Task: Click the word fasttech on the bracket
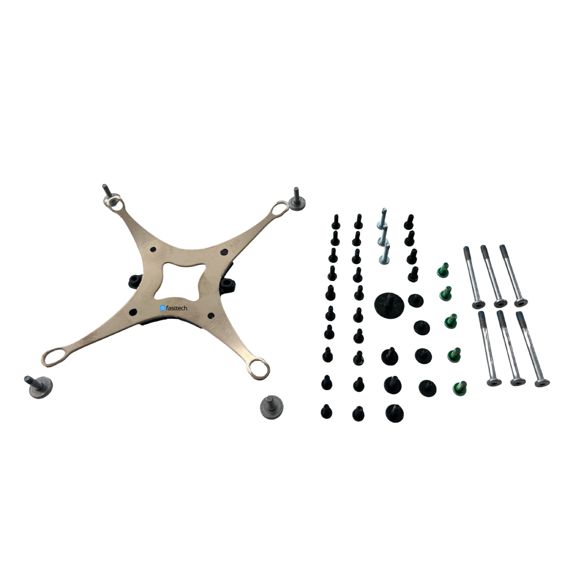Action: tap(177, 308)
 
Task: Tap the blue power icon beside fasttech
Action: tap(162, 308)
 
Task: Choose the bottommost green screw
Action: tap(460, 388)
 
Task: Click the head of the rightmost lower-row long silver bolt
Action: tap(542, 383)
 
